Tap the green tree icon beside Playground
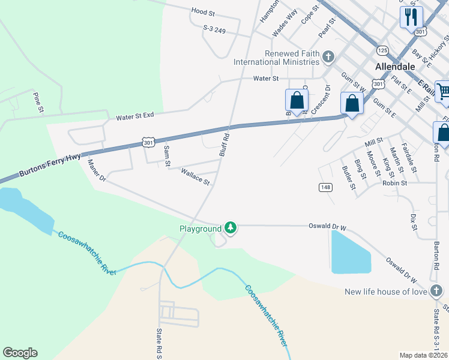point(231,228)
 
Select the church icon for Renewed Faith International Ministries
point(328,58)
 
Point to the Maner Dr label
point(97,170)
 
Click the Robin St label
point(395,183)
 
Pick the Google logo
point(20,353)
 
